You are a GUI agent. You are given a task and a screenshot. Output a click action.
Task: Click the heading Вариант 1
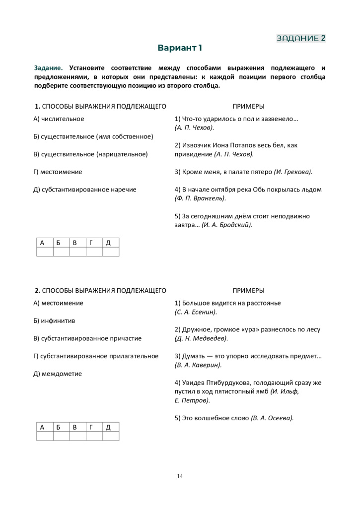click(x=180, y=48)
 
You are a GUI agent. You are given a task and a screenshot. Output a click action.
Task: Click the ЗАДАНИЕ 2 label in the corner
click(x=301, y=38)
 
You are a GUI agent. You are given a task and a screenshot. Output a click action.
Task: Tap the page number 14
click(x=180, y=477)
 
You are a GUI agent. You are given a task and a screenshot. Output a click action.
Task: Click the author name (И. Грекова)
click(x=293, y=172)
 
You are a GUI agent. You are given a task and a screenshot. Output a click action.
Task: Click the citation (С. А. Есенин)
click(x=196, y=312)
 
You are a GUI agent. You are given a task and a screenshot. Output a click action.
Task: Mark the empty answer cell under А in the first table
click(x=45, y=252)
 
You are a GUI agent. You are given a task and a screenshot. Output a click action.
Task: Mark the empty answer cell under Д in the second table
click(x=111, y=436)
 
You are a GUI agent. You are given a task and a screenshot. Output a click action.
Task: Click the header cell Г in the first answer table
click(x=94, y=243)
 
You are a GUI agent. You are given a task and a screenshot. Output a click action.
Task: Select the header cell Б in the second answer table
click(x=61, y=427)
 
